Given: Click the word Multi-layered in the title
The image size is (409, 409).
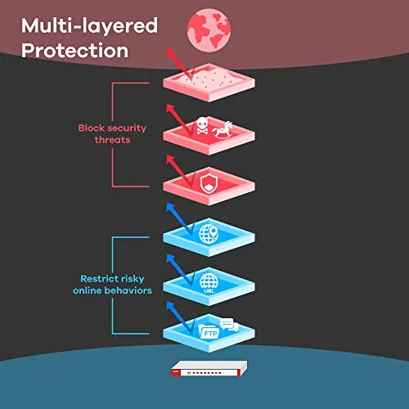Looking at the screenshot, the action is click(x=89, y=26).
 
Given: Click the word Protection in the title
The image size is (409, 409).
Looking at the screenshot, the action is click(x=74, y=51).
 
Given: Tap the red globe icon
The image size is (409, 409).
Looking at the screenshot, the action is click(x=209, y=29).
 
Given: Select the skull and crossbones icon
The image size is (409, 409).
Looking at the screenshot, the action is click(x=202, y=126).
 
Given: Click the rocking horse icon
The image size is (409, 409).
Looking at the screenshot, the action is click(x=222, y=129).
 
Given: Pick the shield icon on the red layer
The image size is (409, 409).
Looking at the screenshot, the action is click(x=209, y=183).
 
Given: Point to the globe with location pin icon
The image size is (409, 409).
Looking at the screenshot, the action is click(x=209, y=234).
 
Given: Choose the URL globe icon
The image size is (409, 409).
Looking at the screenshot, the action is click(x=209, y=284).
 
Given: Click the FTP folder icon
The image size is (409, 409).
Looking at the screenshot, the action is click(x=209, y=331).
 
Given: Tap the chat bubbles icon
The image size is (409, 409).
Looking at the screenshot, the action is click(x=229, y=325).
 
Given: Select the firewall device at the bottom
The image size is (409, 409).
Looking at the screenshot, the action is click(x=209, y=369).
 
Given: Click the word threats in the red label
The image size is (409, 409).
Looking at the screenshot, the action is click(x=112, y=140).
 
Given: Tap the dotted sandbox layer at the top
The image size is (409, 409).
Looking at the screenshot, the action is click(x=209, y=83).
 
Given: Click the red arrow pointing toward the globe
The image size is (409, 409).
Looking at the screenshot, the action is click(x=180, y=65).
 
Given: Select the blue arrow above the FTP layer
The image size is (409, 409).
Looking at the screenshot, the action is click(x=180, y=317).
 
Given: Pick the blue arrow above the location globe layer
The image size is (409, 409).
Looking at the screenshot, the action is click(x=180, y=219).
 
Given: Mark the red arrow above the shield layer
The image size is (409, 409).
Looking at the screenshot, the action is click(x=180, y=171).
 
